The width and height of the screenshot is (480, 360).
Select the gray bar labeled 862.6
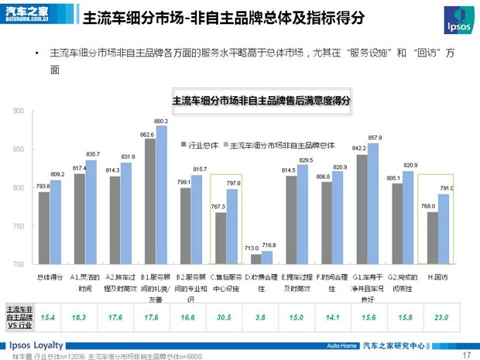(149, 201)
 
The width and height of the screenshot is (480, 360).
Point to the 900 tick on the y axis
(19, 111)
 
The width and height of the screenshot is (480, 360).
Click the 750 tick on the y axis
(19, 226)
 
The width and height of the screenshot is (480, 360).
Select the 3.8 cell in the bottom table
(259, 317)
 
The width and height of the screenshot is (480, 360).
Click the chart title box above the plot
(260, 101)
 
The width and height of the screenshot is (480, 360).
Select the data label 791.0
(447, 188)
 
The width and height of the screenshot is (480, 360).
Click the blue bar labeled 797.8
(233, 227)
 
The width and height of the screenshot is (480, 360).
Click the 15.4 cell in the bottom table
(48, 317)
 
